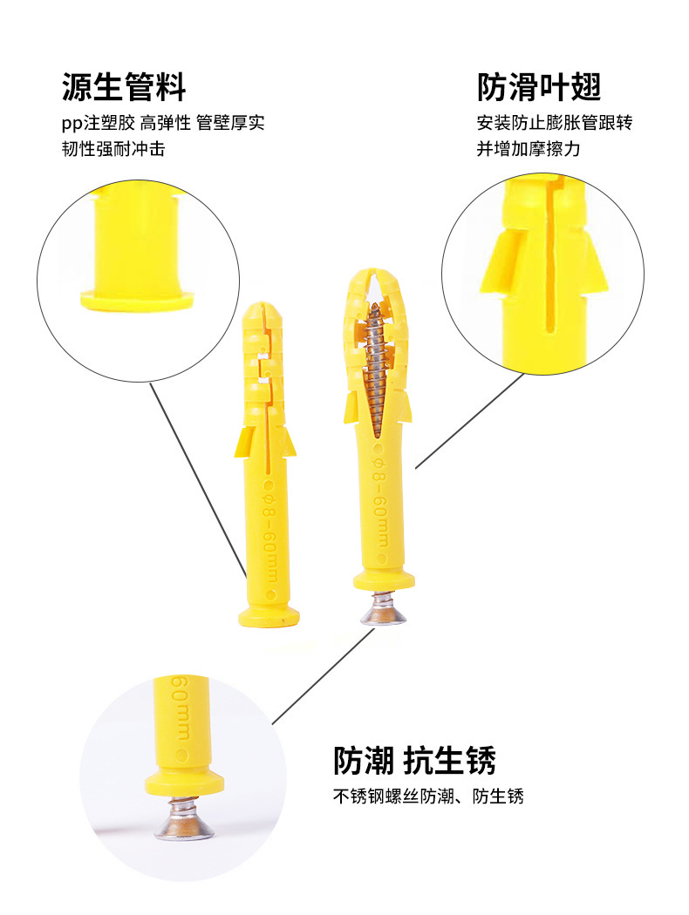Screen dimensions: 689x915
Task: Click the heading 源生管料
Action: [124, 87]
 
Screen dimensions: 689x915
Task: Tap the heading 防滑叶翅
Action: [539, 87]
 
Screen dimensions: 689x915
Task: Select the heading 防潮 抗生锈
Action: [414, 761]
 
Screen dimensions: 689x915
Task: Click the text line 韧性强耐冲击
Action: [114, 149]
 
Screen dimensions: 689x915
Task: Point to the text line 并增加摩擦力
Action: [529, 149]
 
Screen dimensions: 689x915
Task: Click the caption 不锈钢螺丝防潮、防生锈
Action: [428, 796]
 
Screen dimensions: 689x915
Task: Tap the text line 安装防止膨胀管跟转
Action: [555, 123]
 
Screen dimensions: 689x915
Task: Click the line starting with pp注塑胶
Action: [163, 123]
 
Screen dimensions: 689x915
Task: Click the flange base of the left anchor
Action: [269, 617]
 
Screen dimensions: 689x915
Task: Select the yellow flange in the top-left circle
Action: [137, 300]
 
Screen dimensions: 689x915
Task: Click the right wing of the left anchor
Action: [288, 442]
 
